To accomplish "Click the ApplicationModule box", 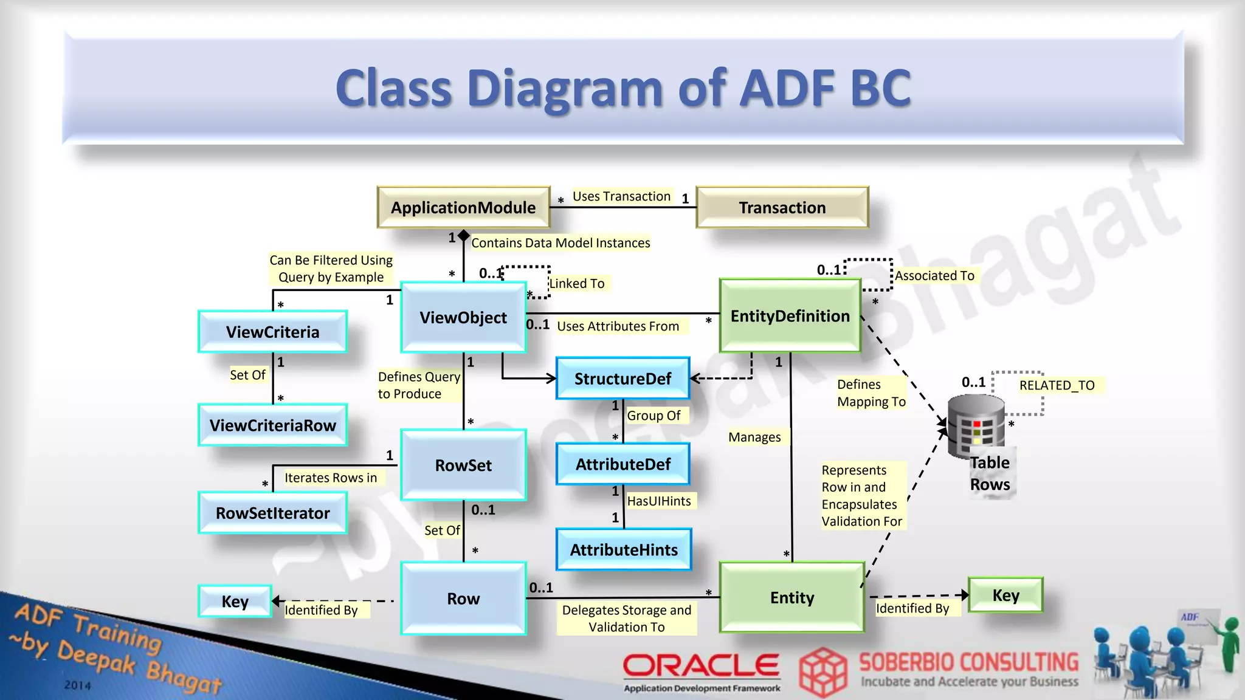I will point(463,208).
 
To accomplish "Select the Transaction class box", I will point(782,208).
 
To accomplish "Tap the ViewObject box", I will point(463,317).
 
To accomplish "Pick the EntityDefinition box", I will point(790,316).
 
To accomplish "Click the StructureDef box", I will point(623,379).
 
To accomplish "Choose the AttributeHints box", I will point(624,550).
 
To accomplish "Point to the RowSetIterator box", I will point(273,513).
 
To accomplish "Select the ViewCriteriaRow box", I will point(273,425).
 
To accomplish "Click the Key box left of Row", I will point(235,601).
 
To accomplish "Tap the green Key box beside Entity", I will point(1005,595).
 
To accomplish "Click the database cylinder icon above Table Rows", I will point(976,425).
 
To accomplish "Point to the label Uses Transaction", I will point(621,196).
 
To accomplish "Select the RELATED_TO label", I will point(1057,385).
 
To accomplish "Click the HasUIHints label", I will point(659,501).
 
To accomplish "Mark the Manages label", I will point(754,437).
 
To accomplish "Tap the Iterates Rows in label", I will point(331,478).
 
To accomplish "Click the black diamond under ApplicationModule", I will point(464,235).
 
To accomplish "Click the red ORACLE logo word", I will point(701,665).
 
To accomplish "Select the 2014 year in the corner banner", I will point(77,685).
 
